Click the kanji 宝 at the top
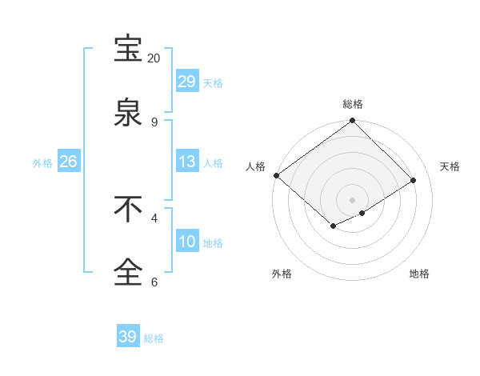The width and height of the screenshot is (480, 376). click(128, 49)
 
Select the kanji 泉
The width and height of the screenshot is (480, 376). click(128, 113)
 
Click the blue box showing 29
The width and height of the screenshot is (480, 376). click(186, 82)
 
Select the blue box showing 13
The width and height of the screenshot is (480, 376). click(186, 162)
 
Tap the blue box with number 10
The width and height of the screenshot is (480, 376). click(186, 242)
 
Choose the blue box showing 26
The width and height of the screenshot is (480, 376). click(68, 162)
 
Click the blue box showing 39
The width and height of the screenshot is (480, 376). click(127, 337)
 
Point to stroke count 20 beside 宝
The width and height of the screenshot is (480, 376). click(154, 58)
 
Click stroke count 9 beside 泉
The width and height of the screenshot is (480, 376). click(154, 122)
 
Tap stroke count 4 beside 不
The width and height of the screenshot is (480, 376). click(154, 218)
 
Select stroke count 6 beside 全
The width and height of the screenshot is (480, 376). click(154, 282)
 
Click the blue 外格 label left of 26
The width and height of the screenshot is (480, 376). click(42, 162)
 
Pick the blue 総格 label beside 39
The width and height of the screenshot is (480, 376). click(154, 338)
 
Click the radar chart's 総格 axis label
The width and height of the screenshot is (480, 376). click(353, 104)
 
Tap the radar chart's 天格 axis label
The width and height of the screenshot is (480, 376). click(450, 166)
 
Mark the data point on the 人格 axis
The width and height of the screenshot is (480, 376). click(276, 175)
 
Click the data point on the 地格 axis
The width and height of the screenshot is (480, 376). click(362, 213)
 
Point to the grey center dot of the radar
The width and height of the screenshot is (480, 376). click(352, 199)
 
